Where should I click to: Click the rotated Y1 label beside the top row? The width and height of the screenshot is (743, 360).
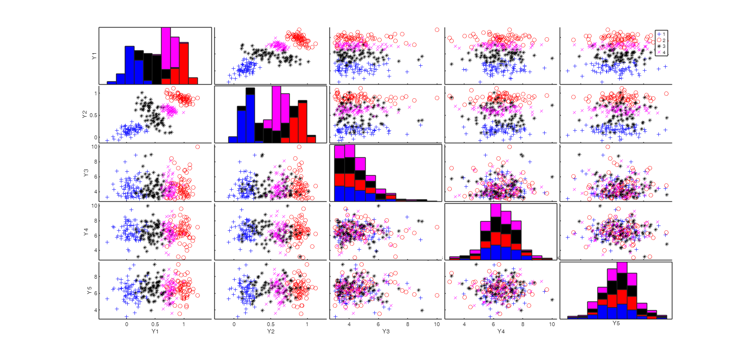[93, 56]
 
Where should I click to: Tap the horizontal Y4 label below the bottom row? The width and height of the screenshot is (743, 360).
[501, 332]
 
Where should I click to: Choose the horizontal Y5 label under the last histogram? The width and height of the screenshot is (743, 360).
[616, 323]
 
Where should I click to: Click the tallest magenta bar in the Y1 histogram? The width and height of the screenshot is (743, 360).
[165, 48]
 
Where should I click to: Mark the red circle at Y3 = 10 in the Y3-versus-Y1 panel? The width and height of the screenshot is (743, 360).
[197, 147]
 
